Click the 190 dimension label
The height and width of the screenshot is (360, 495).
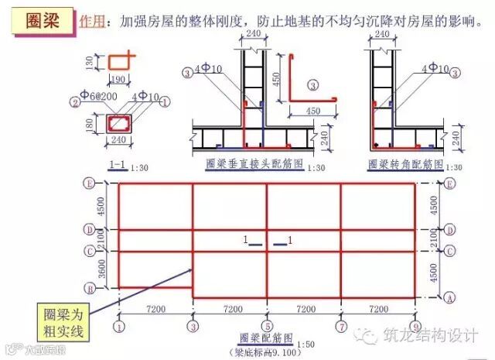tap(119, 79)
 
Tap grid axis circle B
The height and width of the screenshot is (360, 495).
tap(90, 288)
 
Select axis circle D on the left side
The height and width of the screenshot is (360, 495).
tap(90, 230)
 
